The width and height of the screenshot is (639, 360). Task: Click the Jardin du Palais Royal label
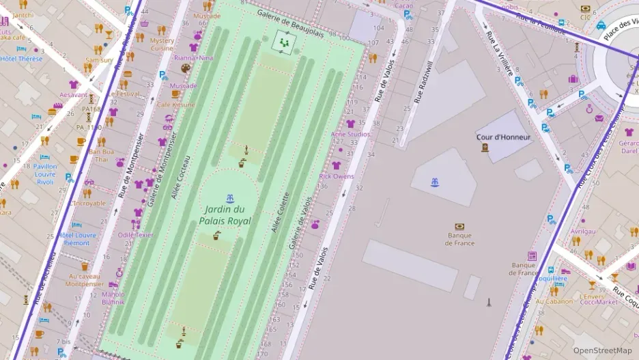(x=225, y=215)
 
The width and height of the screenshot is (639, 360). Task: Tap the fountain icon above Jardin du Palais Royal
(x=230, y=198)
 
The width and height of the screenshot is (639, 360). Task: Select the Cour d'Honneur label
(x=503, y=137)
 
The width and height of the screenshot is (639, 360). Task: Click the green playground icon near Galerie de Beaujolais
(x=283, y=42)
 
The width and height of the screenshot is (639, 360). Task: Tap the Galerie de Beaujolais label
(x=300, y=23)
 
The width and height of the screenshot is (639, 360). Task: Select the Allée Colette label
(x=281, y=212)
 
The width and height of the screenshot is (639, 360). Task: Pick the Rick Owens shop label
(x=337, y=176)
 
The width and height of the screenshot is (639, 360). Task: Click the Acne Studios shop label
(x=350, y=135)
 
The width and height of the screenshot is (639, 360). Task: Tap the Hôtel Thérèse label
(x=21, y=59)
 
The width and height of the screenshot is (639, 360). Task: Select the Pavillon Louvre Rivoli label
(x=45, y=174)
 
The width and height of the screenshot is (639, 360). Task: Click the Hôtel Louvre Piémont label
(x=76, y=238)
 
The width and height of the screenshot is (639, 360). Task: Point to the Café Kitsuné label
(x=175, y=105)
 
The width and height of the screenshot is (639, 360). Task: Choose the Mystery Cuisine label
(x=162, y=44)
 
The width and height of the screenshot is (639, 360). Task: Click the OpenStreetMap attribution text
(x=602, y=350)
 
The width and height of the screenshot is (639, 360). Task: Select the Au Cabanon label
(x=554, y=301)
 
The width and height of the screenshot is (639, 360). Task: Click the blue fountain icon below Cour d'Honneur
(x=434, y=182)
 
